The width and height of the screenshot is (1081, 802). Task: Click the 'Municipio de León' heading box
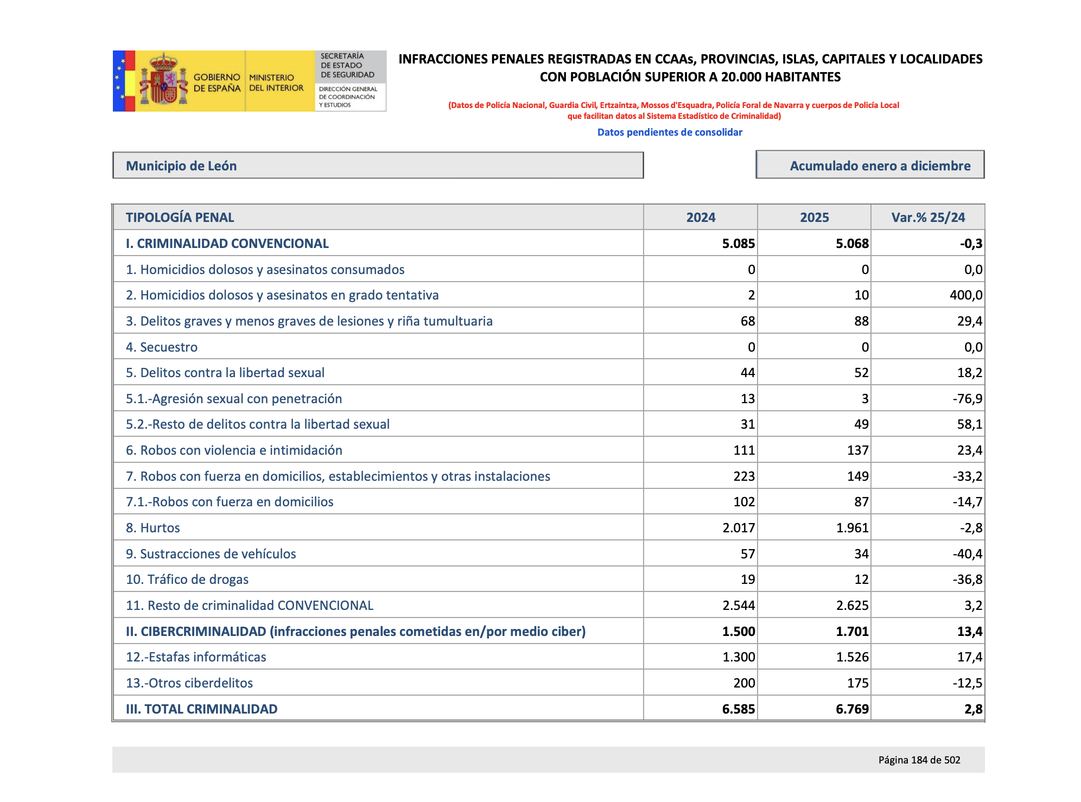tap(378, 166)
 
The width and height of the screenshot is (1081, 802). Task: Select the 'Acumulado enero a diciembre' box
tap(870, 165)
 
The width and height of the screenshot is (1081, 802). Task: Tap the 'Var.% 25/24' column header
tap(927, 218)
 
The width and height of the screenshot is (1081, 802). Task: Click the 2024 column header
tap(701, 218)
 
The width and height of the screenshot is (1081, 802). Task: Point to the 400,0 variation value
tap(966, 295)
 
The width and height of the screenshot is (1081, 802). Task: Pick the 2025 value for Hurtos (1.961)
tap(852, 527)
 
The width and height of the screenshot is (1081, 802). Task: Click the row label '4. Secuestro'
tap(162, 347)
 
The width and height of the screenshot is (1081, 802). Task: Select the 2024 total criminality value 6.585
tap(738, 709)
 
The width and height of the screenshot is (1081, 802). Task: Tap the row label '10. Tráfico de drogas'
tap(187, 580)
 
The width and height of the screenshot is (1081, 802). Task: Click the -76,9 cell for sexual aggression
tap(967, 399)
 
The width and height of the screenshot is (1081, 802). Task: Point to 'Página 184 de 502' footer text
tap(919, 760)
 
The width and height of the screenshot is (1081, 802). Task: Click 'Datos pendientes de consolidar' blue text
tap(669, 132)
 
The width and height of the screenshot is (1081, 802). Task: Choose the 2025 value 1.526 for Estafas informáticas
tap(852, 657)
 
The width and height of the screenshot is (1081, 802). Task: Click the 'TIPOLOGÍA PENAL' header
tap(180, 218)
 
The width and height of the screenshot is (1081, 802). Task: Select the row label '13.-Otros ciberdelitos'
tap(189, 683)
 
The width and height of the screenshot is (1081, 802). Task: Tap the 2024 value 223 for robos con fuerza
tap(743, 476)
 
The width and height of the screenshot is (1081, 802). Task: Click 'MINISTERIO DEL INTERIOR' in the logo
tap(276, 83)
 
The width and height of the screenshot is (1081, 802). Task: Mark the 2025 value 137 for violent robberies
tap(857, 450)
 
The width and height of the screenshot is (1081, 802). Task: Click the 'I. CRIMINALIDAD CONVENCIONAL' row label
tap(227, 244)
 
